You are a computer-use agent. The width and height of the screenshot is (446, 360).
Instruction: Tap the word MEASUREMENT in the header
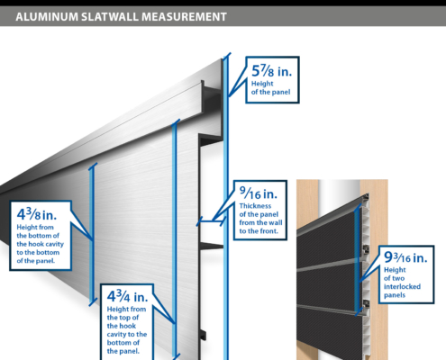[x=184, y=17]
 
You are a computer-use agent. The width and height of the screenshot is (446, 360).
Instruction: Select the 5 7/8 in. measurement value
[x=271, y=71]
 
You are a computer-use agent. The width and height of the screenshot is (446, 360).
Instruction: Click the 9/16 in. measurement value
[x=259, y=193]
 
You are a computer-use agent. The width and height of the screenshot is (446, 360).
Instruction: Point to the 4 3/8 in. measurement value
[x=37, y=214]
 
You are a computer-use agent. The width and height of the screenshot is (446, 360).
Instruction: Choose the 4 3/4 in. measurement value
[x=127, y=296]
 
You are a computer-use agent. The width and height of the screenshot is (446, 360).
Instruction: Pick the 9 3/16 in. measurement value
[x=405, y=257]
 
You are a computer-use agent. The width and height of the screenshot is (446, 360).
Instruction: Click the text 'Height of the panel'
[x=270, y=88]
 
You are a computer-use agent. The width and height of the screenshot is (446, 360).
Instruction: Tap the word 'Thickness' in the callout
[x=255, y=206]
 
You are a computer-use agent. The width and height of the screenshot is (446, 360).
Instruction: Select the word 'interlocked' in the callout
[x=402, y=287]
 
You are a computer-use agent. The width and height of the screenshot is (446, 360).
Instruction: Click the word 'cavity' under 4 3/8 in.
[x=53, y=244]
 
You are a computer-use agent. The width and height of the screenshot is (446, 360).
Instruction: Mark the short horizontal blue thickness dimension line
[x=211, y=221]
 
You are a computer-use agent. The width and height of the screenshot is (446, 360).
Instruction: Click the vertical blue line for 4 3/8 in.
[x=93, y=234]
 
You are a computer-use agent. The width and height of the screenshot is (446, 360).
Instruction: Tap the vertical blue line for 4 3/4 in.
[x=174, y=238]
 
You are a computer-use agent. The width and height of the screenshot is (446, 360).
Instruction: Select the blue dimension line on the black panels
[x=358, y=259]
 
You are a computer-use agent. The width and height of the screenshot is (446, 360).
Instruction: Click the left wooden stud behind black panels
[x=307, y=204]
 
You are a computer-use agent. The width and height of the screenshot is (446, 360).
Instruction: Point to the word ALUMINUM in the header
[x=47, y=17]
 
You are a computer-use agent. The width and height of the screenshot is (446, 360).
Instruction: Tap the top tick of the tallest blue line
[x=227, y=57]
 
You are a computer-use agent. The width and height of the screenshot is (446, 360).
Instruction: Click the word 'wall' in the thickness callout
[x=277, y=223]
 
